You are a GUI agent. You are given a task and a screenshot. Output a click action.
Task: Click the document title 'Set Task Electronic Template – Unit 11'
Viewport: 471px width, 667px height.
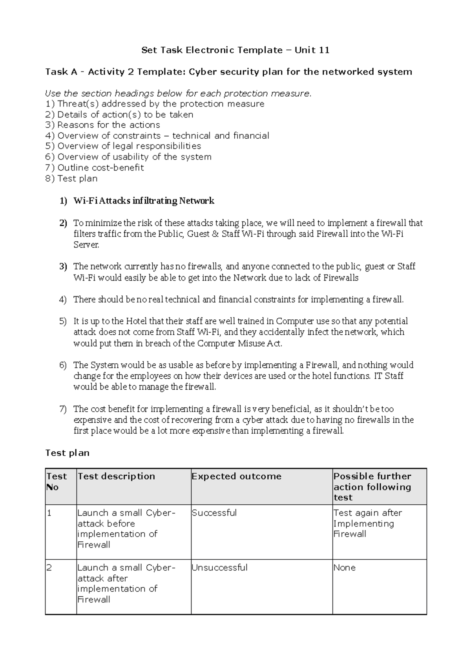point(235,50)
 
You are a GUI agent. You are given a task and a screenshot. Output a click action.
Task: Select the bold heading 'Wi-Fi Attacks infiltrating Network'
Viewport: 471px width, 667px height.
point(144,201)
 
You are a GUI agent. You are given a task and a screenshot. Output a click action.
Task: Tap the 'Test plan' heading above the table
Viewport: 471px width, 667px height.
point(67,453)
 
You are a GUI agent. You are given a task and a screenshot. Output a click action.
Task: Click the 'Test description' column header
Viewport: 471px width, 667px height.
point(116,476)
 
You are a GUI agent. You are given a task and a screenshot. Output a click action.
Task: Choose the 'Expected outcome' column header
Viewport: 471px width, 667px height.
point(236,476)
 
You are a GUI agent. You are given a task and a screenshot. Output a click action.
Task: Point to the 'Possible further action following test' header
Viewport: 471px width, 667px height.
point(372,487)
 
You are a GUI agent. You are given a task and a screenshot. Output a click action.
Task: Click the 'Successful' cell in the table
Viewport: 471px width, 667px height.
point(214,513)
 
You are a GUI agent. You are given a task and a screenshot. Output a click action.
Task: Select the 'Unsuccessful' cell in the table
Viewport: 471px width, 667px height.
point(219,568)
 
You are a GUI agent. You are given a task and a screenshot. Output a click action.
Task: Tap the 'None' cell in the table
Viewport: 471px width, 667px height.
point(344,568)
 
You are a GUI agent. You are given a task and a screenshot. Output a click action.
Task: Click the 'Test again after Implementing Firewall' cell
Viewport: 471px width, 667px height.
point(367,523)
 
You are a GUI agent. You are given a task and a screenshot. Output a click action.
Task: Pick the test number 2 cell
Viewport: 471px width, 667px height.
point(49,568)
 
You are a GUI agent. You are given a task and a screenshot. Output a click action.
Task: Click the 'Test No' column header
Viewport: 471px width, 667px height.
point(57,482)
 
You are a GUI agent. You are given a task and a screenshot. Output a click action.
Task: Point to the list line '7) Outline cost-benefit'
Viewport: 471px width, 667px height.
point(95,168)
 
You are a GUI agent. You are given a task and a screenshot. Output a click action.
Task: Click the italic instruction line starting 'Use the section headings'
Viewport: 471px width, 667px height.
point(178,93)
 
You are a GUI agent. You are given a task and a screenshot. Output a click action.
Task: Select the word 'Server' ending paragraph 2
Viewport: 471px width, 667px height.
point(86,245)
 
